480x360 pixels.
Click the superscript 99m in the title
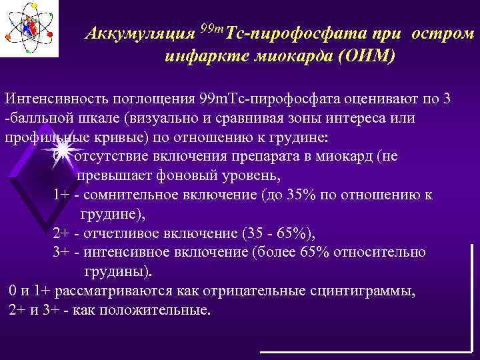[213, 28]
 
